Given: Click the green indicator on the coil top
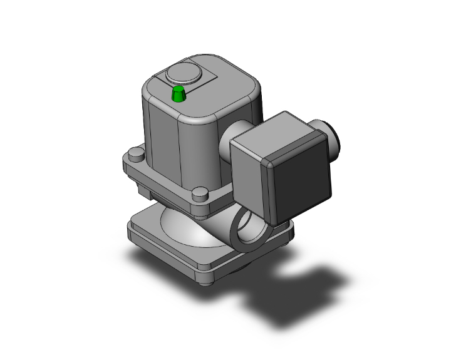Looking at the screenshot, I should (x=179, y=95).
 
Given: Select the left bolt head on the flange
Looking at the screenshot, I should (x=135, y=154).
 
